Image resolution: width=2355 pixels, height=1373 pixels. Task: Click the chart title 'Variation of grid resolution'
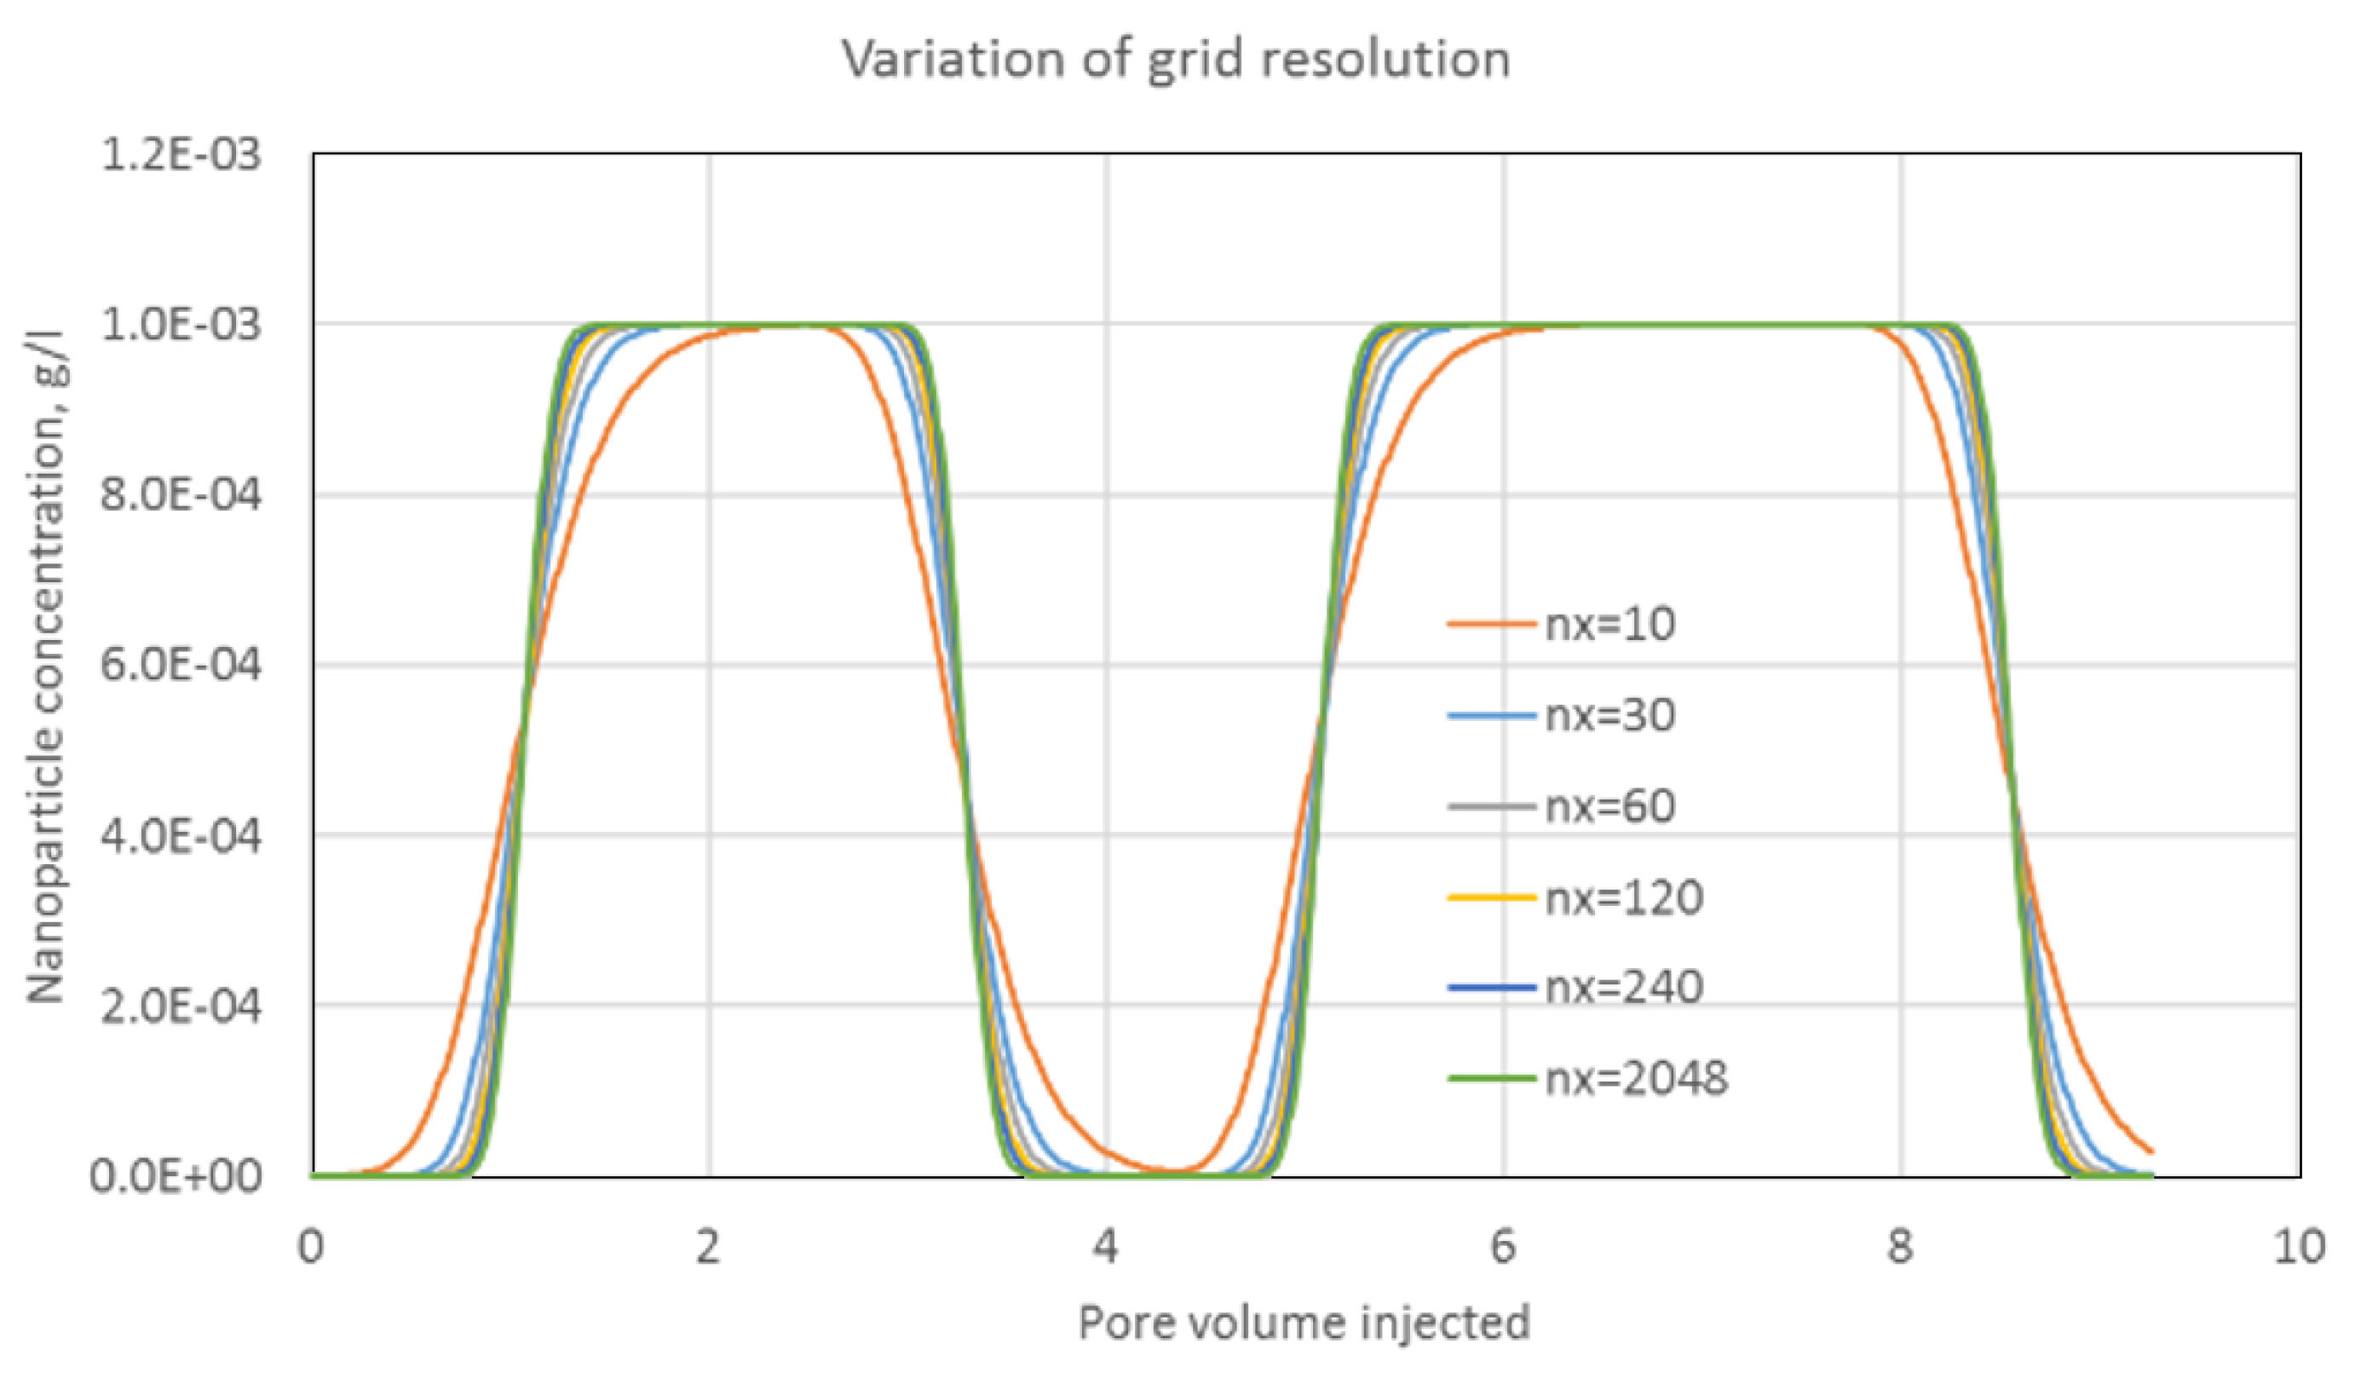tap(1176, 60)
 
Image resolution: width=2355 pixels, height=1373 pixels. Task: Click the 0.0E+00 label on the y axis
tap(176, 1176)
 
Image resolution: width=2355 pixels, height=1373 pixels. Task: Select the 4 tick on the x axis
tap(1106, 1247)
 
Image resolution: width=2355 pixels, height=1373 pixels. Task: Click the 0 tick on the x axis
tap(311, 1247)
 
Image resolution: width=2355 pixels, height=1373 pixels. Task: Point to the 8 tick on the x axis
tap(1900, 1247)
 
